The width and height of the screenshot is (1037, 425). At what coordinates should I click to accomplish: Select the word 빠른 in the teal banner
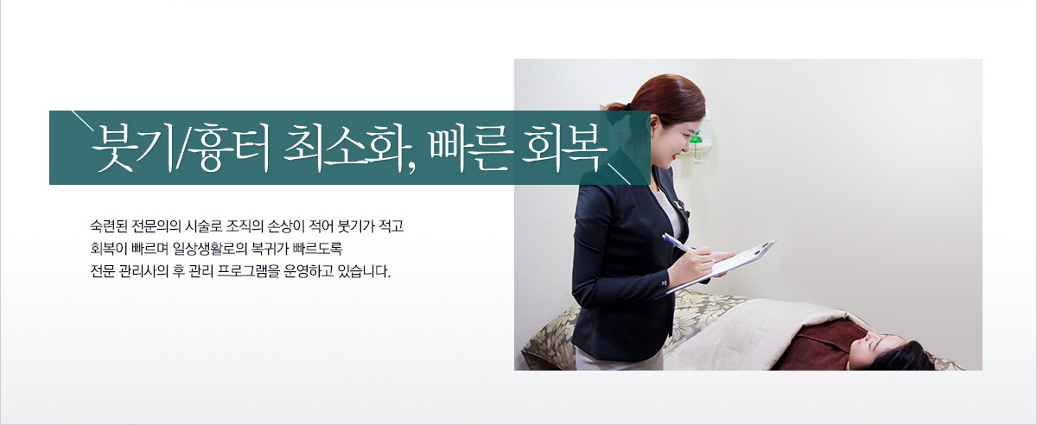point(470,147)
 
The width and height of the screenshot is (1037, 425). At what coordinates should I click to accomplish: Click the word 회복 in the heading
point(563,147)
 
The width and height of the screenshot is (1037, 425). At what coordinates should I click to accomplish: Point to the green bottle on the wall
point(696,146)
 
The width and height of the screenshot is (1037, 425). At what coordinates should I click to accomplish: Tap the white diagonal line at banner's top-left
point(82,121)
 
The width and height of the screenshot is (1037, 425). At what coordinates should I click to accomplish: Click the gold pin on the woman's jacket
point(679,204)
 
